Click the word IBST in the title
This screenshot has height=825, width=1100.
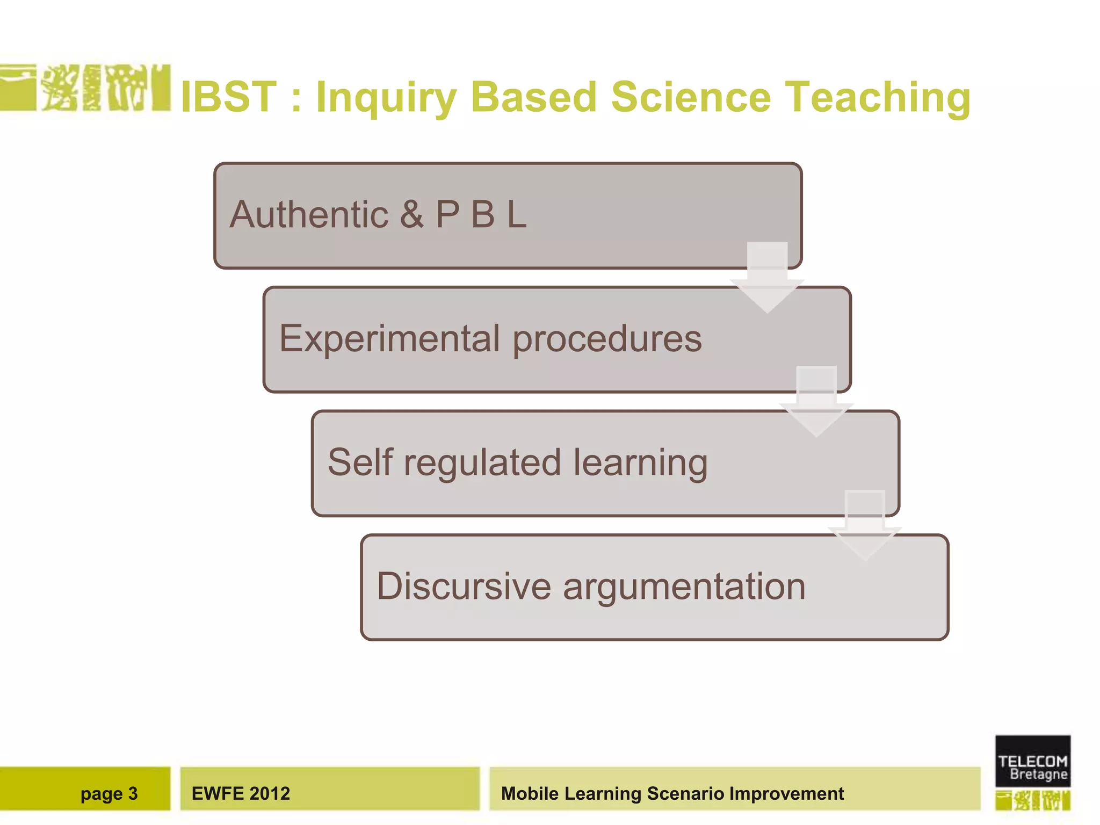[x=229, y=98]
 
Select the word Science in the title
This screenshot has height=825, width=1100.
[x=691, y=98]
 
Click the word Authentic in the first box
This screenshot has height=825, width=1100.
[x=309, y=215]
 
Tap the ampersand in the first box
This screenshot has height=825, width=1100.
[x=411, y=215]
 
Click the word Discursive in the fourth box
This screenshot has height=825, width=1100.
[x=464, y=587]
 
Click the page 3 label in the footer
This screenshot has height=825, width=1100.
[x=109, y=794]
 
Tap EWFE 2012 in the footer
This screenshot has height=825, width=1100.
[x=241, y=794]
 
